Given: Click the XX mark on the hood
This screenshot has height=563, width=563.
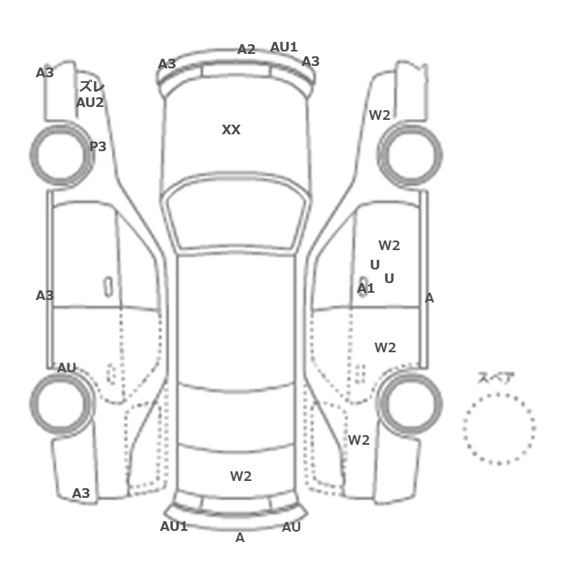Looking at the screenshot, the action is coord(231,129).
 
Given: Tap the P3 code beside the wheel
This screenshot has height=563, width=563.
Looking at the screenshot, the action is coord(97,146).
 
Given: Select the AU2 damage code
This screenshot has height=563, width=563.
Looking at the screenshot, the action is coord(90,103).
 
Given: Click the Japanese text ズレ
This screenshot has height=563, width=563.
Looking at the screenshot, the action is coord(92,87).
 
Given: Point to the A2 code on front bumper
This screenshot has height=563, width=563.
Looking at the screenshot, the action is coord(246,49).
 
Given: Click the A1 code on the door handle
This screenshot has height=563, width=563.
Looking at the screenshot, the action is coord(365,288).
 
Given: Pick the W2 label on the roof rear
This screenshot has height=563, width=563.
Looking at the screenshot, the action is coord(240,476).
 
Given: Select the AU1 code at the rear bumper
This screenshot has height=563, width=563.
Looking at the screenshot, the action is coord(174,526).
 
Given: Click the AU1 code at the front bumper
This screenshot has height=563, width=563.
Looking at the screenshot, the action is coord(284,47).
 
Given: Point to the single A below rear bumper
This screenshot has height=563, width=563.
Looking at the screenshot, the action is coord(240,537).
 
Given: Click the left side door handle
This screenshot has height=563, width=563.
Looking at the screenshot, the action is coord(108,287).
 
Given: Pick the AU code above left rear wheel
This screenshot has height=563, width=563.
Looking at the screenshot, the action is coord(67,368).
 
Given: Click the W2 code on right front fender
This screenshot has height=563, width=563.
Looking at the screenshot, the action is coord(380,115).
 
